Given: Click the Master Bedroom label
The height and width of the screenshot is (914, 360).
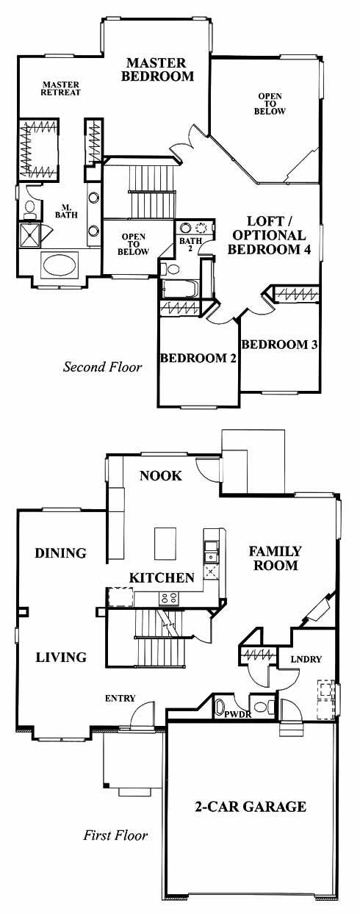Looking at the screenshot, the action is pos(157,69).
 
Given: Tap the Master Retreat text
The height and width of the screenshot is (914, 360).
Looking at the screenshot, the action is pos(60,89).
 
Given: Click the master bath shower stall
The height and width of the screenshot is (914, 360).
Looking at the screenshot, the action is pos(29,234).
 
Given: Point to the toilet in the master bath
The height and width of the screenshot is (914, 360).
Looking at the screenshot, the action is pos(29,208).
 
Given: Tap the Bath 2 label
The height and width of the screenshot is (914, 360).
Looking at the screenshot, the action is pos(190,244).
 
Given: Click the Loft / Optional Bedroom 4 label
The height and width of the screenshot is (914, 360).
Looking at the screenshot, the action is pos(269,235).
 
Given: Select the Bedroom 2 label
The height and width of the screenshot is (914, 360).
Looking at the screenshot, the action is pos(198,359).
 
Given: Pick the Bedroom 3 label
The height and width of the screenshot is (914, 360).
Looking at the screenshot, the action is pos(280,345).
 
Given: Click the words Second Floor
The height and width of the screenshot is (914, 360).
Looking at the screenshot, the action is pos(102,367).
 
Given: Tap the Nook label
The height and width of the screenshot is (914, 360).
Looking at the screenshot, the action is pos(161,475).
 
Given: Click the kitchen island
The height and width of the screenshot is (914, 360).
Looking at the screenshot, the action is pos(165,544).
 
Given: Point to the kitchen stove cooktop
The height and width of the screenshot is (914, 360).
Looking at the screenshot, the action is pos(169,599).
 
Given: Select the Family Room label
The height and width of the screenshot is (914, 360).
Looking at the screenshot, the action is pos(276,558).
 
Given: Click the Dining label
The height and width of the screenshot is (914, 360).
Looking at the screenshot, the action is pos(61,553).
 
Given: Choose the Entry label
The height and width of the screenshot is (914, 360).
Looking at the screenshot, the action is pos(120,698).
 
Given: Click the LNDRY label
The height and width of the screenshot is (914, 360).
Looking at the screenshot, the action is pos(306,659).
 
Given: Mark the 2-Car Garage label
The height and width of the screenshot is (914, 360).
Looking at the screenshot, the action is pos(251,807).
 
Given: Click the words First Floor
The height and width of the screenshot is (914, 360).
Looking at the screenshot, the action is pos(115,835).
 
